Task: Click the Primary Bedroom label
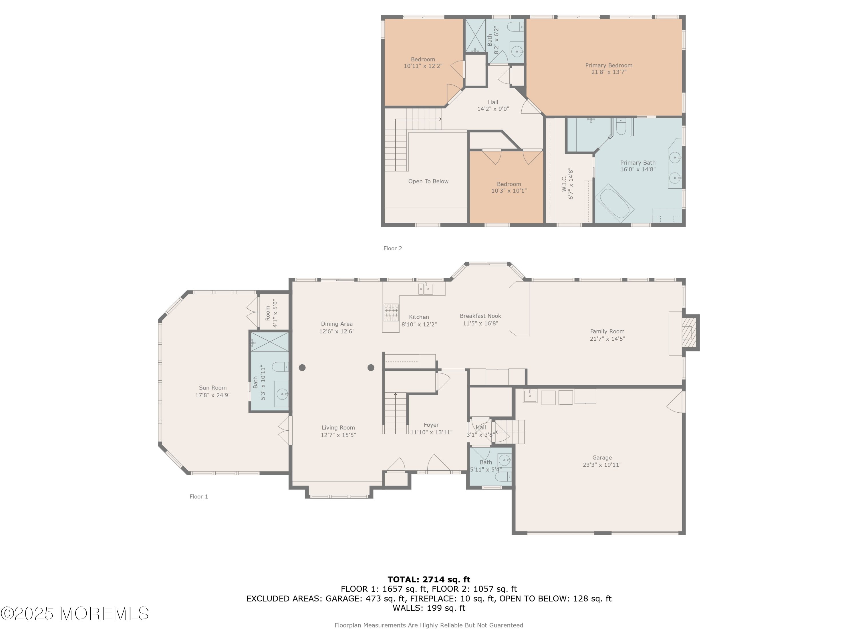(x=609, y=65)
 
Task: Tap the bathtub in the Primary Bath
(x=615, y=203)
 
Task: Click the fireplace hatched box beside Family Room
(x=687, y=333)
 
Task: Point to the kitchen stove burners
(x=391, y=313)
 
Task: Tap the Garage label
(x=602, y=458)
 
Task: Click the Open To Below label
(x=428, y=181)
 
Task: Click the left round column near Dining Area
(x=302, y=368)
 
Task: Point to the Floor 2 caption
(x=393, y=248)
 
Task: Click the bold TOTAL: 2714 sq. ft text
(x=429, y=580)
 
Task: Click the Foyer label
(x=431, y=425)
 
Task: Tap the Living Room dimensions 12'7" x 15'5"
(x=338, y=435)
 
